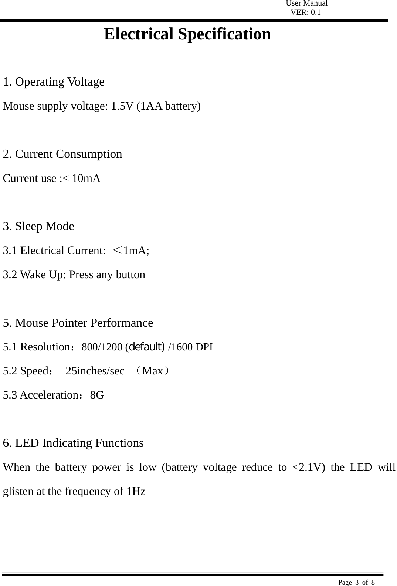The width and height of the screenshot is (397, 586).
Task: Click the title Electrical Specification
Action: pos(187,34)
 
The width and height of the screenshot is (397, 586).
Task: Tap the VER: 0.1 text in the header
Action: pos(305,13)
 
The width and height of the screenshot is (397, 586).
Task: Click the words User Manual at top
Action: pos(306,4)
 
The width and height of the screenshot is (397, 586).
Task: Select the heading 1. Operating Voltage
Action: pos(54,81)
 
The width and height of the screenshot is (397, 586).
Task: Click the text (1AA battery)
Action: pos(169,106)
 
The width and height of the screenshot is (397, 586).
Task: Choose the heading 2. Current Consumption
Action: pos(62,154)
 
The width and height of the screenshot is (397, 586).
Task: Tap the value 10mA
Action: pos(86,179)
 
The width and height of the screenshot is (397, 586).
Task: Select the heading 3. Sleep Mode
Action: pos(38,226)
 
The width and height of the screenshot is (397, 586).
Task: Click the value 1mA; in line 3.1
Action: pos(136,251)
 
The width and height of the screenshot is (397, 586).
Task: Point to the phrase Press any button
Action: pos(107,275)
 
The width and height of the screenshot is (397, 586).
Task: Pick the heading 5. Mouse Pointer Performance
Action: pos(78,323)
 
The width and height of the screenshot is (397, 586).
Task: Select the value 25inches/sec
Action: pos(95,371)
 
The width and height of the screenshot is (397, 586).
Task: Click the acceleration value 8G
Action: pos(97,395)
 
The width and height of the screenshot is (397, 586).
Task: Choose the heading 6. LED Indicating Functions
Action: pos(73,443)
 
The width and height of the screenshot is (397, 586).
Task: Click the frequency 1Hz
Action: pos(136,492)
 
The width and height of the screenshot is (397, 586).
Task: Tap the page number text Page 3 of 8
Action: pos(356,582)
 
